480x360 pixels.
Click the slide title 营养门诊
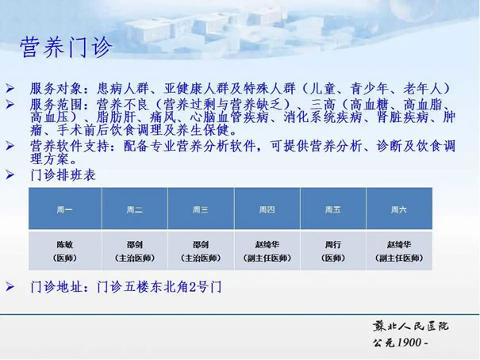pyautogui.click(x=66, y=48)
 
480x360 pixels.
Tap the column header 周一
pyautogui.click(x=64, y=210)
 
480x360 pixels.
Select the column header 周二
pyautogui.click(x=134, y=210)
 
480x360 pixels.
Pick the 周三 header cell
pyautogui.click(x=201, y=210)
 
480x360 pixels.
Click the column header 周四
pyautogui.click(x=267, y=210)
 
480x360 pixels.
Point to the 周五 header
pyautogui.click(x=332, y=210)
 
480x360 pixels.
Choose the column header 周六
pyautogui.click(x=399, y=210)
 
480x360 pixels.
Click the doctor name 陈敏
pyautogui.click(x=64, y=245)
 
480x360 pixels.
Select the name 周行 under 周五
pyautogui.click(x=332, y=245)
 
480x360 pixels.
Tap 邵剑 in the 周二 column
pyautogui.click(x=134, y=245)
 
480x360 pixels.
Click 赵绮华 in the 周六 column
pyautogui.click(x=399, y=245)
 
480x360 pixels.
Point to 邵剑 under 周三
pyautogui.click(x=201, y=245)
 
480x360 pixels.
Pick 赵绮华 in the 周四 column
pyautogui.click(x=267, y=245)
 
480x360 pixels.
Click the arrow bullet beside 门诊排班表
pyautogui.click(x=10, y=175)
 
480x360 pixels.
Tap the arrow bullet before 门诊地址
pyautogui.click(x=10, y=286)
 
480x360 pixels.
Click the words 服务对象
pyautogui.click(x=56, y=89)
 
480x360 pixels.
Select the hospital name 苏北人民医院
pyautogui.click(x=410, y=327)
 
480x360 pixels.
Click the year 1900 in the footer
pyautogui.click(x=409, y=343)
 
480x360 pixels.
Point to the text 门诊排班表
pyautogui.click(x=63, y=175)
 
